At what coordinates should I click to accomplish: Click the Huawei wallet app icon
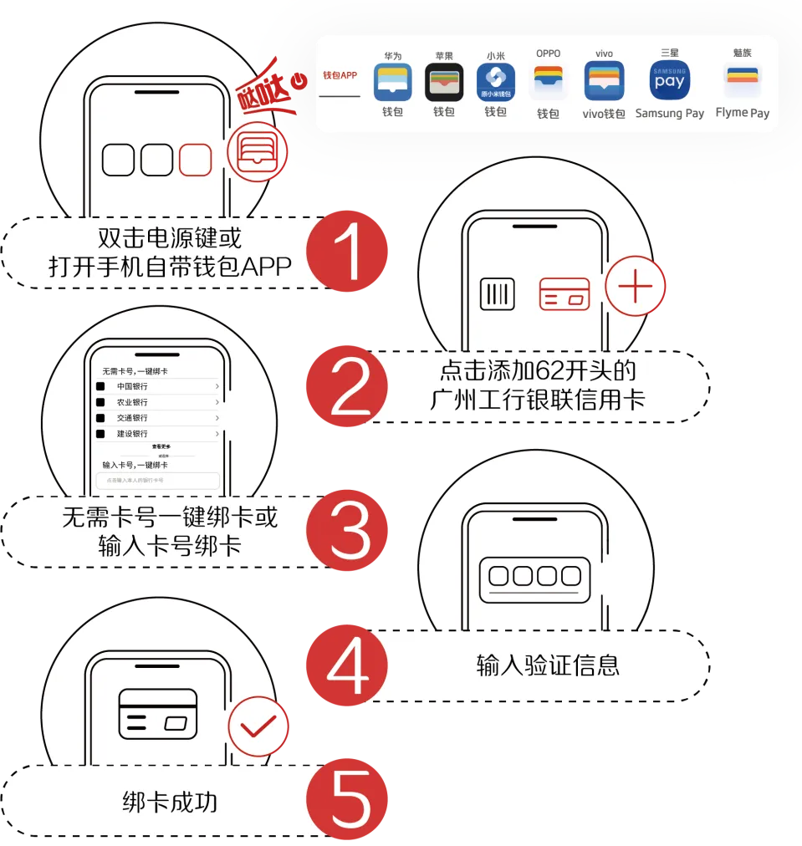click(x=392, y=83)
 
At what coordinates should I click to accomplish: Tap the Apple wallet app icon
click(x=444, y=83)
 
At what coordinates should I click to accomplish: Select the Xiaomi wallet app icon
click(x=496, y=83)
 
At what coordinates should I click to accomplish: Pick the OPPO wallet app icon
click(x=549, y=83)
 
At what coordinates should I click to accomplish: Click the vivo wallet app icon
click(x=604, y=82)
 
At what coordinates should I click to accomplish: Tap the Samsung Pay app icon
click(x=670, y=81)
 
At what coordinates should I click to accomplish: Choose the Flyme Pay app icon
click(x=743, y=81)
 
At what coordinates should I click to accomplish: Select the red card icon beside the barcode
click(x=564, y=293)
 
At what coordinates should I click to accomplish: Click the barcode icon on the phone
click(x=498, y=294)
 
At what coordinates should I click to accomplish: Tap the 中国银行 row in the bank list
click(x=158, y=386)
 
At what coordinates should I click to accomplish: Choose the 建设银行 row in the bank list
click(x=158, y=433)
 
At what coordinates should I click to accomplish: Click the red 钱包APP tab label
click(x=340, y=75)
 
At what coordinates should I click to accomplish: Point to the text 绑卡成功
click(x=170, y=803)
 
